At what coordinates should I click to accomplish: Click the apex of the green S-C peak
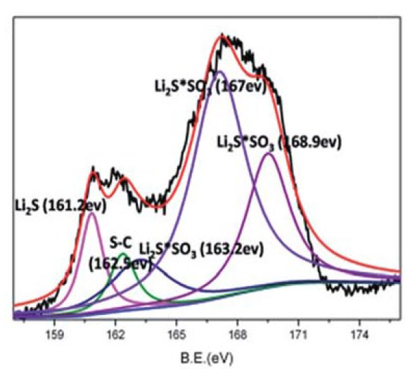click(122, 254)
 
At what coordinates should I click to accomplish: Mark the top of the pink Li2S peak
click(91, 213)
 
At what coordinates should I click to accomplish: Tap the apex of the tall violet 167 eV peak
click(219, 71)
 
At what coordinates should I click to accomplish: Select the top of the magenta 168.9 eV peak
click(269, 154)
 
